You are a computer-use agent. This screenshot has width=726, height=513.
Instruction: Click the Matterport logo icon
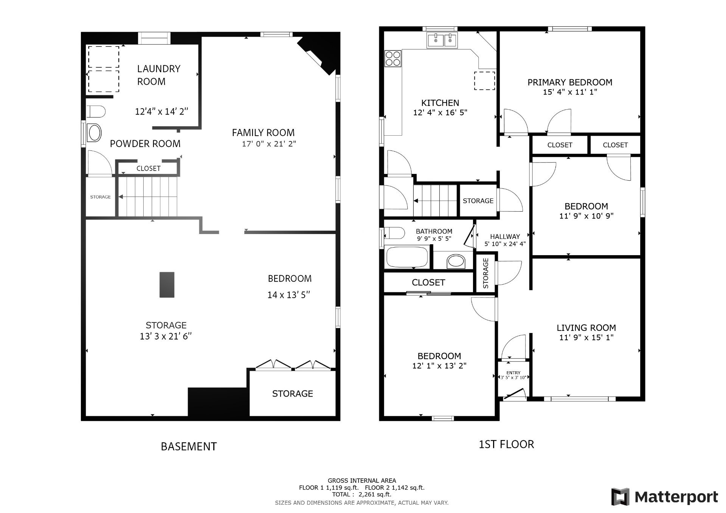[x=621, y=496]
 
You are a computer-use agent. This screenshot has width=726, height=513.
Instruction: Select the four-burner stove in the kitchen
[x=393, y=58]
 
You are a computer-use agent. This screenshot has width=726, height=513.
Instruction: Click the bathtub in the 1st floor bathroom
[x=407, y=257]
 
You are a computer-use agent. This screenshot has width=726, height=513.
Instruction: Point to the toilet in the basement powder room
[x=96, y=112]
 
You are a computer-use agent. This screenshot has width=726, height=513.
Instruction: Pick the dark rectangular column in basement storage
[x=167, y=285]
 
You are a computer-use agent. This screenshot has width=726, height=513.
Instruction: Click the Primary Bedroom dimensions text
[x=570, y=92]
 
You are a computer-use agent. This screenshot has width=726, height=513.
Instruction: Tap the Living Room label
[x=586, y=328]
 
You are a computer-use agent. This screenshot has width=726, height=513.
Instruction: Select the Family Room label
[x=263, y=133]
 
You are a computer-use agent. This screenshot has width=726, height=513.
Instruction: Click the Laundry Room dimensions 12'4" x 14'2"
[x=161, y=112]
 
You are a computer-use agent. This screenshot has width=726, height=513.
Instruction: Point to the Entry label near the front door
[x=513, y=373]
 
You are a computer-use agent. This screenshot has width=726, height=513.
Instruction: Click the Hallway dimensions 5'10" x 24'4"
[x=505, y=244]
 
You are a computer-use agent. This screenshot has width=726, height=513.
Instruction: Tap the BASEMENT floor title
[x=189, y=446]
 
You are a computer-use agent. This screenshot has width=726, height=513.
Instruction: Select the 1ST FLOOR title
[x=506, y=444]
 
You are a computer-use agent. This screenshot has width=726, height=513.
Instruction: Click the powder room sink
[x=95, y=133]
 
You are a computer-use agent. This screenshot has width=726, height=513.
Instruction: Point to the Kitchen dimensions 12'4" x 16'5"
[x=440, y=113]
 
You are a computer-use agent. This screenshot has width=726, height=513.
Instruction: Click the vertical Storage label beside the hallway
[x=486, y=273]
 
